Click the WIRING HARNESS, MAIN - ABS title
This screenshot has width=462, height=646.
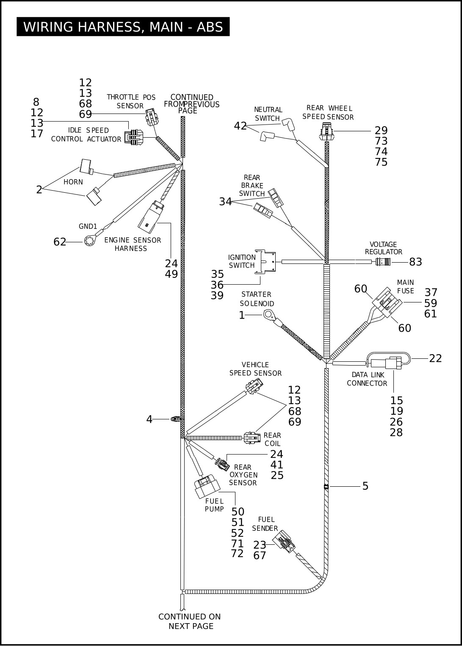(x=123, y=27)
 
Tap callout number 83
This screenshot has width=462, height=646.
(x=415, y=262)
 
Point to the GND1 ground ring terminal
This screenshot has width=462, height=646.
(x=89, y=241)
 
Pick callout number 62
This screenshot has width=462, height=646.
(x=60, y=242)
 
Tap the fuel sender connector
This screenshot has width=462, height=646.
(x=283, y=542)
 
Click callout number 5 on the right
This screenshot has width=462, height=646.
(x=365, y=486)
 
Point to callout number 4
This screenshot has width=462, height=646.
(x=149, y=419)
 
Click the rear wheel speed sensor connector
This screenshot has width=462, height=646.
(x=327, y=131)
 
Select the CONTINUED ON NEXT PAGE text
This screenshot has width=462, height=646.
(x=190, y=621)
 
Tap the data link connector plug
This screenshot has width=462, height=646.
(x=393, y=363)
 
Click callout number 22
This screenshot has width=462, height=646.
(x=435, y=358)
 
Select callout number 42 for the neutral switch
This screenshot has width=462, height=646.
(x=240, y=126)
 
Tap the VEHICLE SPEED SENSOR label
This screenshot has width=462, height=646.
(x=255, y=369)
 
